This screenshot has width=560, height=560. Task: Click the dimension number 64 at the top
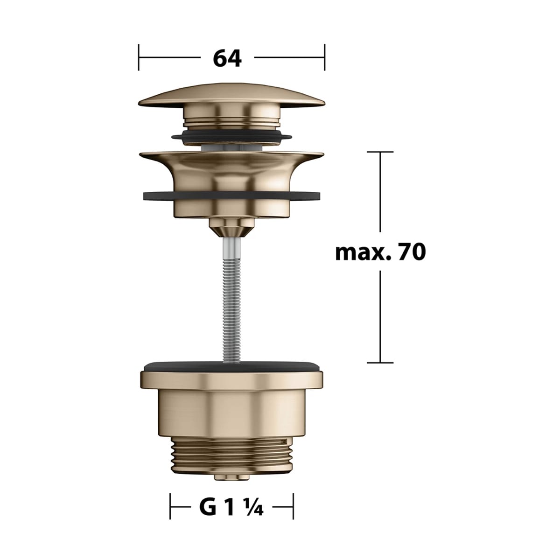pos(227,58)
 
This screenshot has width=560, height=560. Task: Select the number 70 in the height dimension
pos(412,252)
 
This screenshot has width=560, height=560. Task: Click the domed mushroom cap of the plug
pos(231,95)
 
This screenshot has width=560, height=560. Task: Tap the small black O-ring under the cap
pos(231,137)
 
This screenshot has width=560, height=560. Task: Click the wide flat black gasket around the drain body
pos(231,196)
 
